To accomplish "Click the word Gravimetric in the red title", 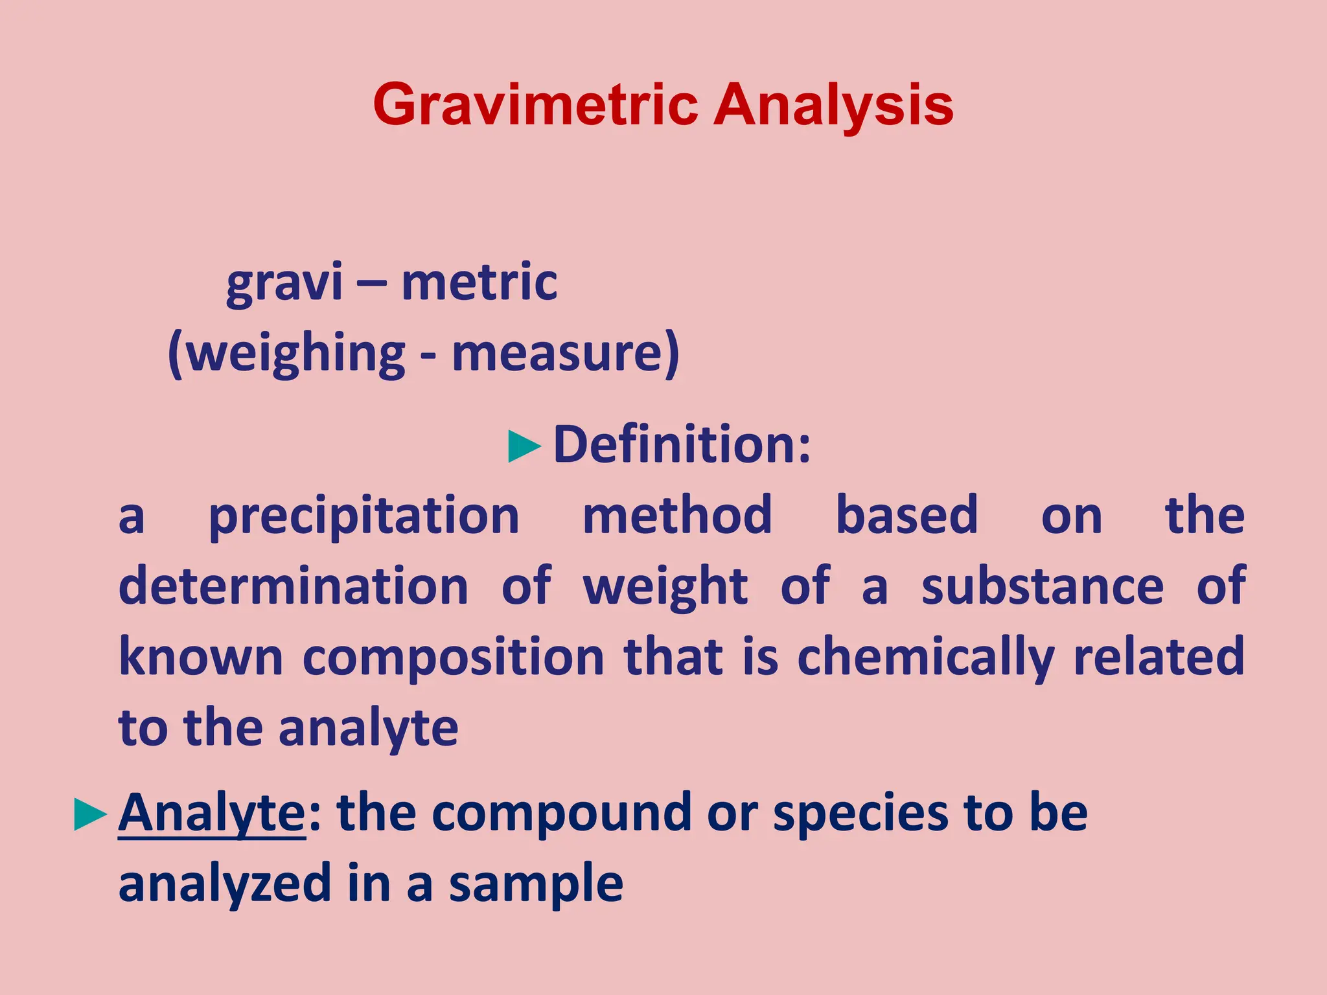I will pos(535,105).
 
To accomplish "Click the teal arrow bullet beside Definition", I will pos(524,446).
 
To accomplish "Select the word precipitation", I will pos(363,516).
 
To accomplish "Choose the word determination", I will pos(294,586).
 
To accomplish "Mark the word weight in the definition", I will pos(665,587).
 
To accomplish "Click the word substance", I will pos(1043,586).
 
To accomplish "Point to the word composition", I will pos(454,658).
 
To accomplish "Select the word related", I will pos(1159,657).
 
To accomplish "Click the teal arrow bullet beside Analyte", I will pos(90,815).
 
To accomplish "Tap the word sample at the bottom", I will pos(536,885).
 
